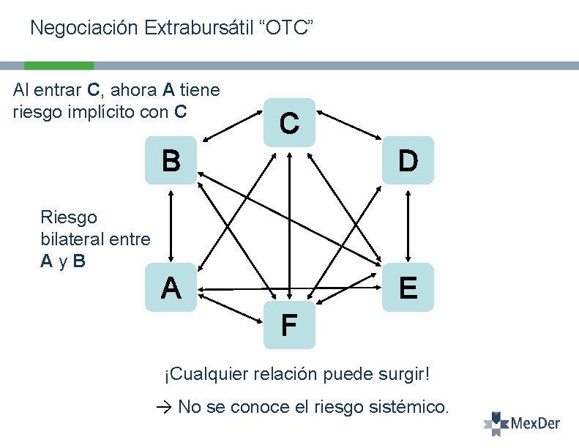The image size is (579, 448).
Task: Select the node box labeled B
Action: tap(171, 160)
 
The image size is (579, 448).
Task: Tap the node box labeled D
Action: tap(408, 160)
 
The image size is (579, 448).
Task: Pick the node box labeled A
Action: tap(171, 288)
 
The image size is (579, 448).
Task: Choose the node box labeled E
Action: tap(408, 288)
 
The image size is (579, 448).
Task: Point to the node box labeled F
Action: tap(289, 324)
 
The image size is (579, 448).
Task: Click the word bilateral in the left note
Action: tap(72, 239)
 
